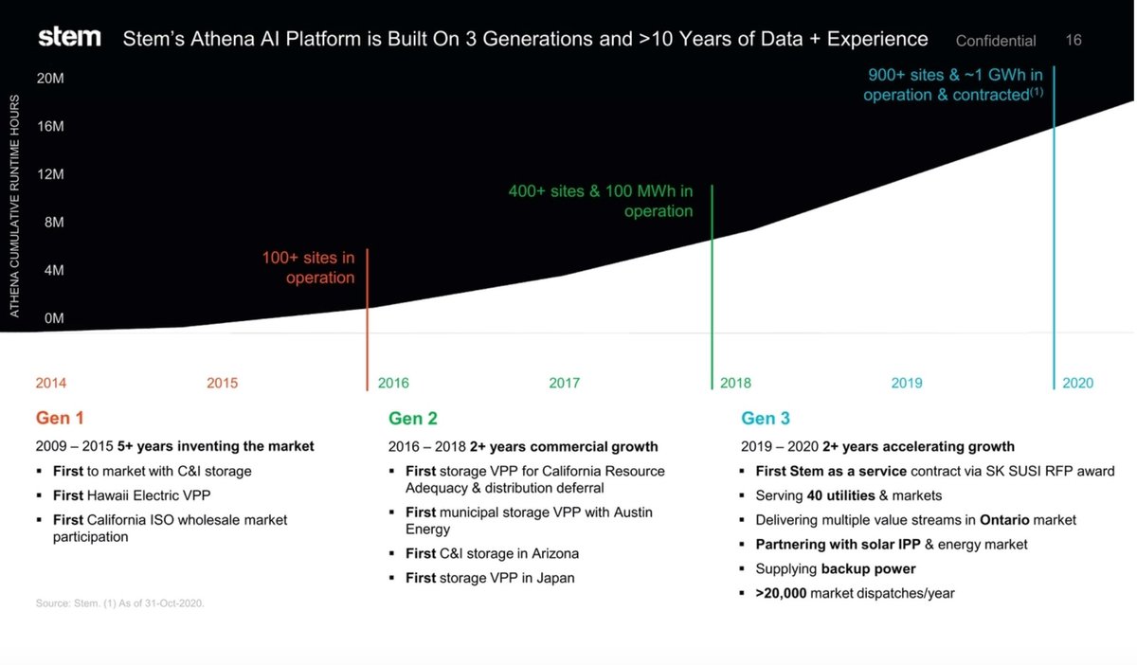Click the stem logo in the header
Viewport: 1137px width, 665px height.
click(69, 38)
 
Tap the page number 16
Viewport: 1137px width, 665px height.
click(1074, 40)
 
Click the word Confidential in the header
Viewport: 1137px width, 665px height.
click(996, 41)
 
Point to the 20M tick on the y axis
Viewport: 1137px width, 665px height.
click(50, 79)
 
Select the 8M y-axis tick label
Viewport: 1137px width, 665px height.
click(53, 223)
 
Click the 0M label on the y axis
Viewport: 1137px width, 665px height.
click(53, 318)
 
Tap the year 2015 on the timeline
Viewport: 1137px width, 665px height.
click(223, 384)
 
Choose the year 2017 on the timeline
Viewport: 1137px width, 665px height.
click(565, 384)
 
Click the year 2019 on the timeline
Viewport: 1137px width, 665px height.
click(907, 384)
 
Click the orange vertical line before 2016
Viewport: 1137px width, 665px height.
click(367, 322)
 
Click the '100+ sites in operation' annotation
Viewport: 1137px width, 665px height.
click(309, 267)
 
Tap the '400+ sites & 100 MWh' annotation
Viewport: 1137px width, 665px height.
click(601, 201)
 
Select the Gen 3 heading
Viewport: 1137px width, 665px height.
click(765, 418)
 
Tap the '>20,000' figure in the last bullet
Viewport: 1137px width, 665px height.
click(781, 594)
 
